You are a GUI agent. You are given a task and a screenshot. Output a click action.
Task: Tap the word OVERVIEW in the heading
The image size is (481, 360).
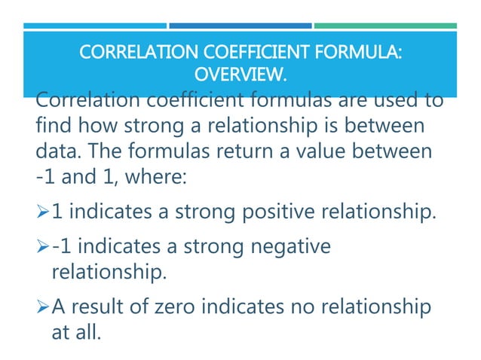[x=240, y=75]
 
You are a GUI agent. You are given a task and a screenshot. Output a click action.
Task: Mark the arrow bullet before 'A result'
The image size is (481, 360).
[x=42, y=308]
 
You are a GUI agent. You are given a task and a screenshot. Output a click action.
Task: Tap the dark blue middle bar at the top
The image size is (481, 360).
[x=240, y=26]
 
